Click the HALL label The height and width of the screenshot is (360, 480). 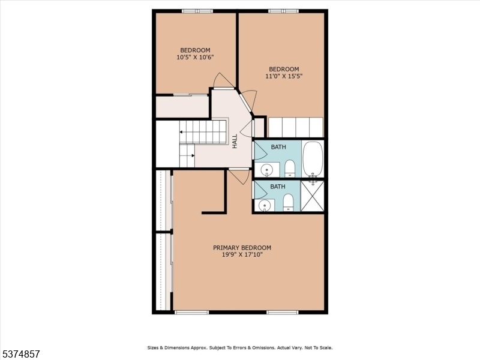(x=235, y=141)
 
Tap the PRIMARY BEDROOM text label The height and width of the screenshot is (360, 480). (x=242, y=248)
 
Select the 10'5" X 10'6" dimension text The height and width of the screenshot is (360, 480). (x=195, y=57)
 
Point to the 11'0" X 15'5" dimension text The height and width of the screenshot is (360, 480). (x=284, y=76)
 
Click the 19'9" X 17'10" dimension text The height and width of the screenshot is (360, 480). (x=242, y=254)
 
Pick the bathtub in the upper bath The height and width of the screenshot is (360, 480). (x=313, y=159)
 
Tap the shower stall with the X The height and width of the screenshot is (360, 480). (x=312, y=196)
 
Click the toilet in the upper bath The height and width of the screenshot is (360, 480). (x=290, y=169)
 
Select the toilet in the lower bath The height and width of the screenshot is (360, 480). (x=288, y=203)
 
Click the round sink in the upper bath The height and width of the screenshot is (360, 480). (x=267, y=169)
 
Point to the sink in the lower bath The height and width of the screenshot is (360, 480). (x=265, y=205)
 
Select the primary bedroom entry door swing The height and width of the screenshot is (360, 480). (x=239, y=176)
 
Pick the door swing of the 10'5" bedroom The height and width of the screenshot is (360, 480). (x=224, y=80)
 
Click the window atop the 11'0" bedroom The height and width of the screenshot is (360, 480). (x=284, y=11)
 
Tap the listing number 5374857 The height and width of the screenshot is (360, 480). (x=20, y=354)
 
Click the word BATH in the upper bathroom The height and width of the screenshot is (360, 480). (x=278, y=147)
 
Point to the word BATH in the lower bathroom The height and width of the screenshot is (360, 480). (x=278, y=187)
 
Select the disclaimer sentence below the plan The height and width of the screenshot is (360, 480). (x=240, y=348)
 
